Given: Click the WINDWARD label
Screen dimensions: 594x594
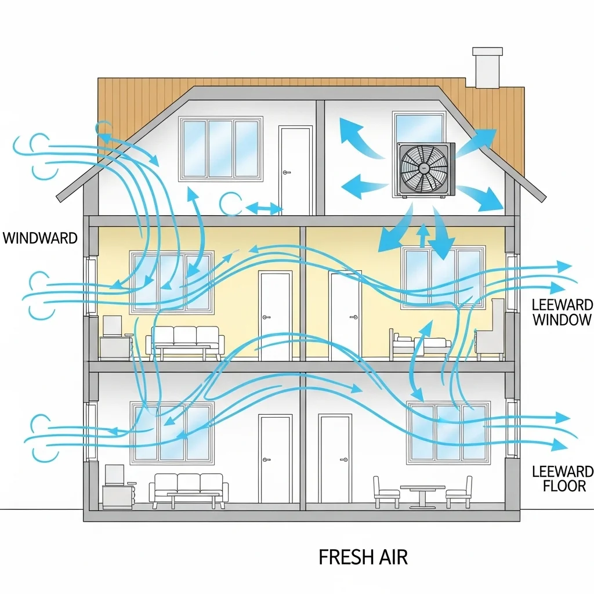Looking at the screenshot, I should (40, 238).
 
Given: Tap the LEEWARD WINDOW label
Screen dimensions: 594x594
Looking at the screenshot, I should (562, 312).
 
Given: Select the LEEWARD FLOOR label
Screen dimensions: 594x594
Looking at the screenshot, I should (562, 479).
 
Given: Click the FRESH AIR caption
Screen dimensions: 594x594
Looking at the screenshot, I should (363, 557).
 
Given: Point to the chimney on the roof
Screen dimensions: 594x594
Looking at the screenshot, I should (487, 68).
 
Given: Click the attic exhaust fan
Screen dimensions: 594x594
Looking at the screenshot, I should (425, 169).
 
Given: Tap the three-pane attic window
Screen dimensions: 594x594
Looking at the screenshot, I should (220, 148).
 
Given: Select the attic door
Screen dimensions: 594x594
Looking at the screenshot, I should (295, 171).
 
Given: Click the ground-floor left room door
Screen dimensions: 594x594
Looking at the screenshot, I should (275, 459).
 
